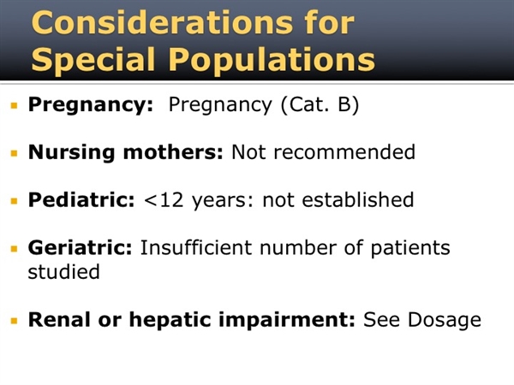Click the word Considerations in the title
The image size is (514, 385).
(x=162, y=22)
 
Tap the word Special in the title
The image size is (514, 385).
(x=93, y=60)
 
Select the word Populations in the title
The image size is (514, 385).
(x=272, y=60)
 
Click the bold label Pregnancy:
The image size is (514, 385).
(x=91, y=105)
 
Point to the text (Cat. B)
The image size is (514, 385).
(x=320, y=104)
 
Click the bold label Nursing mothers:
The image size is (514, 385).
(x=126, y=152)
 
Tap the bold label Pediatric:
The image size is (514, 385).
(x=81, y=199)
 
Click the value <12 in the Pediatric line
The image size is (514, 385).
(x=164, y=200)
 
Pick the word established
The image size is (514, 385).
(x=357, y=199)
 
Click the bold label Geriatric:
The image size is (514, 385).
(x=80, y=247)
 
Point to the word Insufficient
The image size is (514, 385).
(x=196, y=247)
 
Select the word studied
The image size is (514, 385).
(x=63, y=271)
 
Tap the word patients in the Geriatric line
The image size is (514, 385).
(x=410, y=248)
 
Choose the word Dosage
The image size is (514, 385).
(x=445, y=320)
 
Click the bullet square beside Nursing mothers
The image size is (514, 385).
(x=14, y=153)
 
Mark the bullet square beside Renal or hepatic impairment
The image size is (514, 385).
(x=14, y=321)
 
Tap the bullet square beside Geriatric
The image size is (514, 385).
(x=14, y=249)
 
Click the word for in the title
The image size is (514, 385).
(x=329, y=22)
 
